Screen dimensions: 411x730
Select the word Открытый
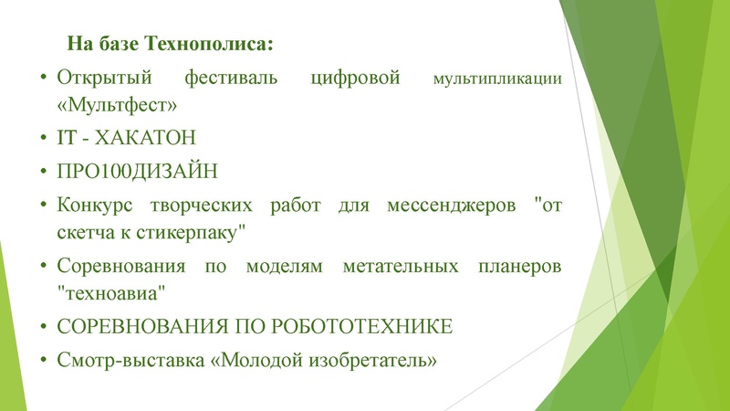(x=97, y=78)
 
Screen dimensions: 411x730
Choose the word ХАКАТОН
(x=138, y=138)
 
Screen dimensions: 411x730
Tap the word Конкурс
(x=97, y=204)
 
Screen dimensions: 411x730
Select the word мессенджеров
(x=445, y=204)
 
